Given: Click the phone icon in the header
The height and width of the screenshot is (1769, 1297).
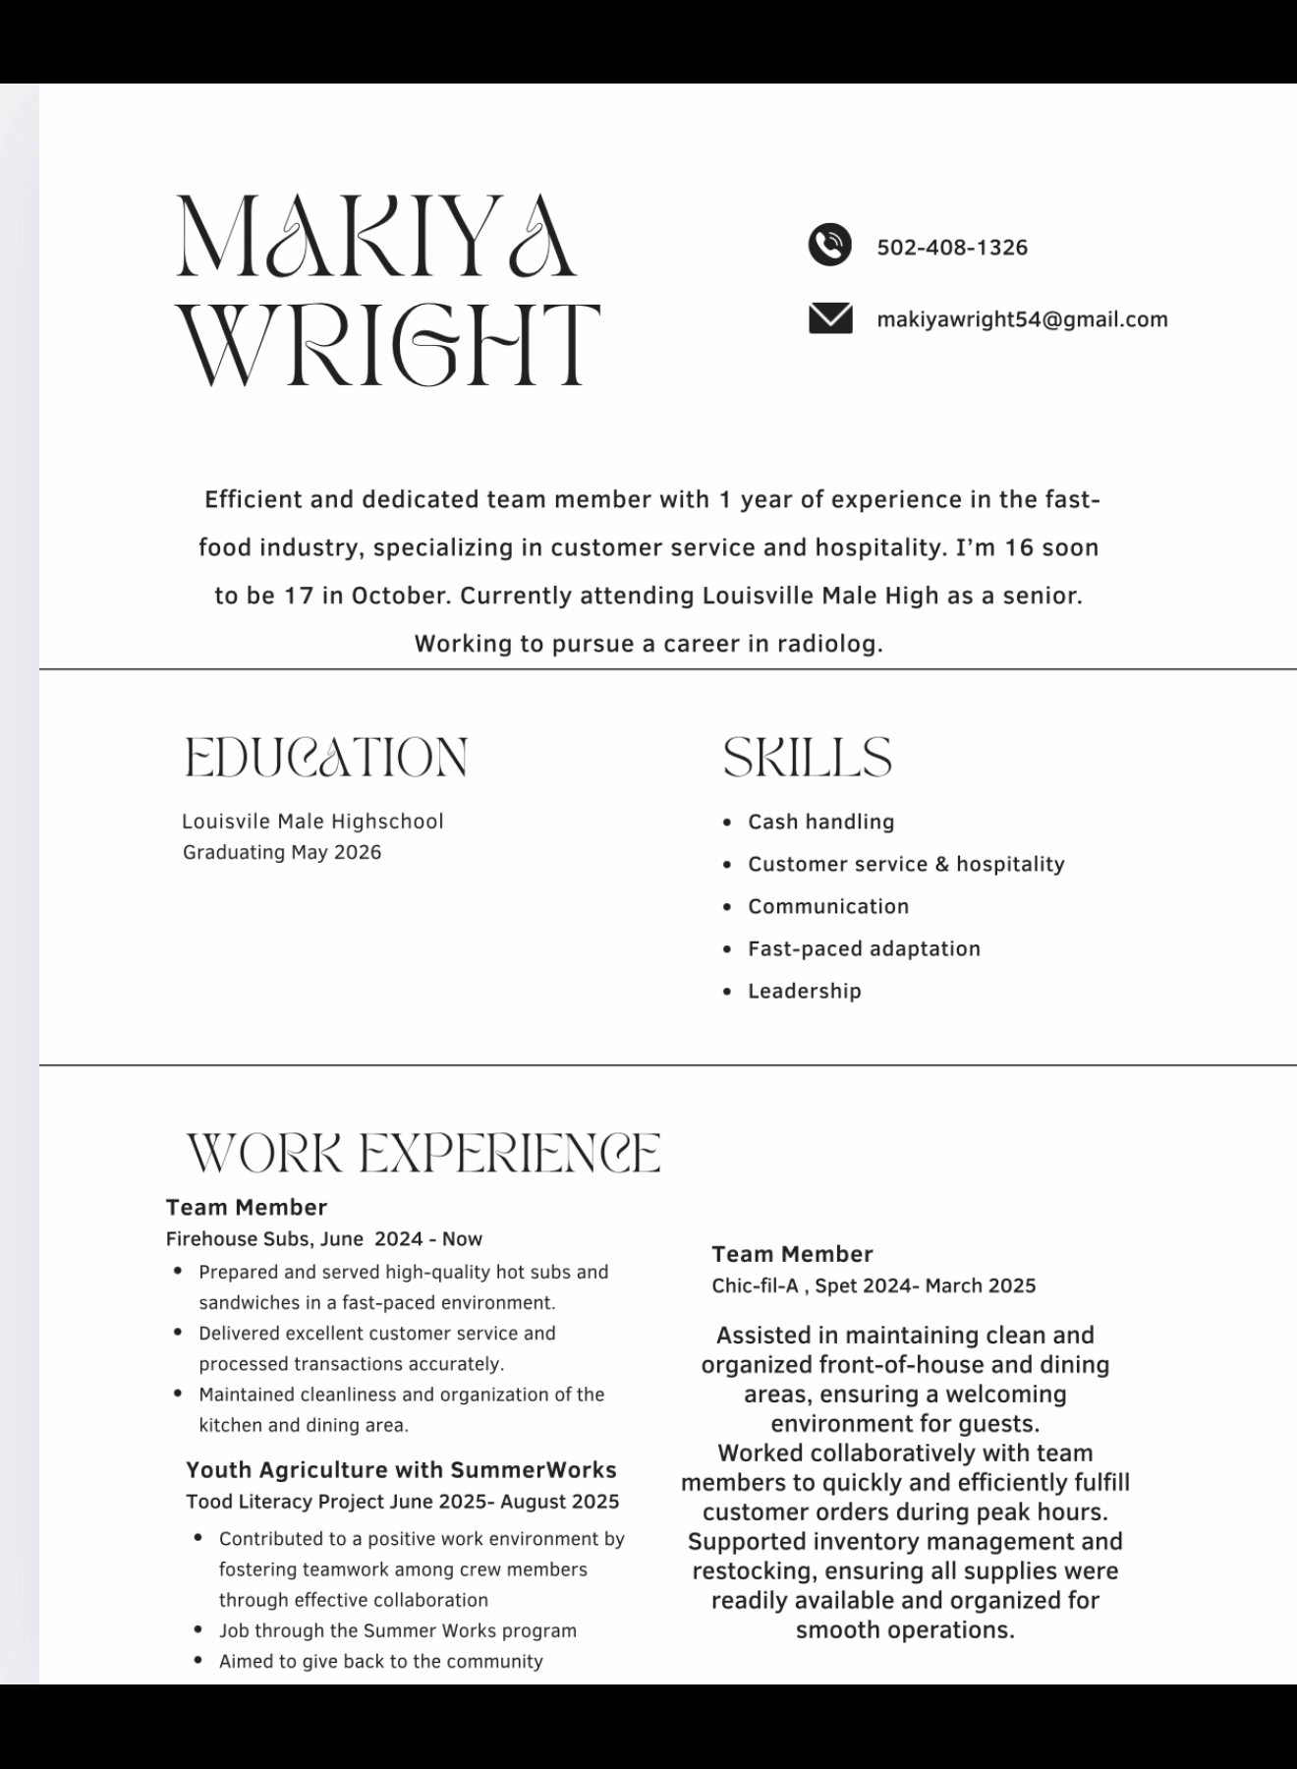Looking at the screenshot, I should point(829,245).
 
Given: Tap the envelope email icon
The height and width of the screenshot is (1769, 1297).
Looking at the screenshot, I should point(830,318).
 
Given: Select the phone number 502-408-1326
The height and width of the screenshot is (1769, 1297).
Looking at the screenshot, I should point(951,248).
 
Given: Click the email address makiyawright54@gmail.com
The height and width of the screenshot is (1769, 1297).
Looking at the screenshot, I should point(1022,319).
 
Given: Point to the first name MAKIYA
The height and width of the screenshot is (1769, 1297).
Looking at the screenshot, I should point(375,236).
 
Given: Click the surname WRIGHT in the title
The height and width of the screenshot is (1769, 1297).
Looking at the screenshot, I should point(390,344).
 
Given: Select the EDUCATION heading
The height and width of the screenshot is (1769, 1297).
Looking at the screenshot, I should point(325,758).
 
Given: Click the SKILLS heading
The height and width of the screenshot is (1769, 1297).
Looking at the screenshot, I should point(807,758).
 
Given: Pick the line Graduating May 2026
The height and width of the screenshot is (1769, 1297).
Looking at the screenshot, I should point(282,852).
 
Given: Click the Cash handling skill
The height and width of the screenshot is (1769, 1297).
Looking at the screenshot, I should point(820,822).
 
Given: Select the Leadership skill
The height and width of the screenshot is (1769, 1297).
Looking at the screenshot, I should point(804,991).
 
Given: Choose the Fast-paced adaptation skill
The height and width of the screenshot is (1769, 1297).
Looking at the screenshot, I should point(864,948).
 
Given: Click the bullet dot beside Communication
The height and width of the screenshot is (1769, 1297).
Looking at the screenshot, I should point(727,907).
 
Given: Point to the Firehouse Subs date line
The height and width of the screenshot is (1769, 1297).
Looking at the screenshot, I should point(323,1238).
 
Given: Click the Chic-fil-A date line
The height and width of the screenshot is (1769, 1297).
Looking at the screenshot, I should point(874,1285).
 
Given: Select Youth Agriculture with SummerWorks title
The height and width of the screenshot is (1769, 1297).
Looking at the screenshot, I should point(401,1469).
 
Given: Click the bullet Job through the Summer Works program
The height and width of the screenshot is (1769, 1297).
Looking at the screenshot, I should point(397,1630).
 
